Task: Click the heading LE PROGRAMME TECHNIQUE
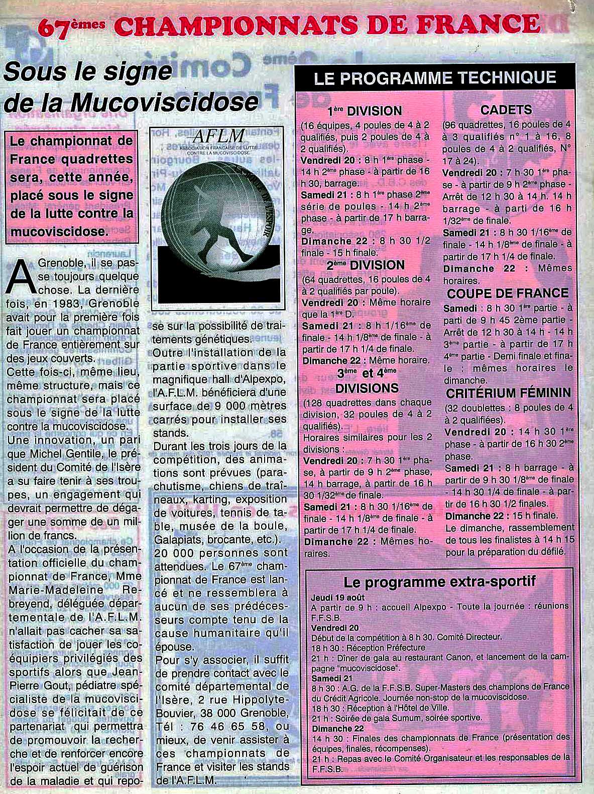pos(435,78)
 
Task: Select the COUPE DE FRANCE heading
pos(508,293)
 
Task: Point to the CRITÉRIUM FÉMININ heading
pos(508,392)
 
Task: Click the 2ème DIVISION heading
pos(365,265)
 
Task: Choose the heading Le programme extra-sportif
pos(439,582)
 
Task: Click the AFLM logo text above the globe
pos(218,136)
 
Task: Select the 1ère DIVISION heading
pos(365,111)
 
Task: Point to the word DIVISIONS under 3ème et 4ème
pos(367,388)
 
